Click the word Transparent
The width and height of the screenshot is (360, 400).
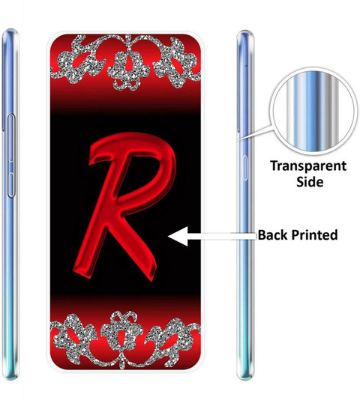[308, 166]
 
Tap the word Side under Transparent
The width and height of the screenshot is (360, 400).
[310, 182]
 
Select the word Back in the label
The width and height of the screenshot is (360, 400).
[273, 234]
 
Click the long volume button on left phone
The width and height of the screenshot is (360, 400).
[11, 138]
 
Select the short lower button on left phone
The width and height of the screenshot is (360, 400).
[11, 185]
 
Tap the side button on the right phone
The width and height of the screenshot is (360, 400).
[244, 168]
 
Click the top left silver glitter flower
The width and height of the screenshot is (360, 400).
[75, 60]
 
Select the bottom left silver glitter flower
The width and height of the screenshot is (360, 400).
[75, 337]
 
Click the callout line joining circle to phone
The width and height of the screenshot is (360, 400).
[256, 133]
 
